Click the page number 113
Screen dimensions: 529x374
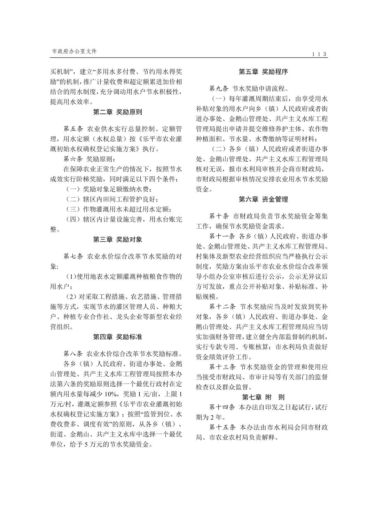[x=319, y=54]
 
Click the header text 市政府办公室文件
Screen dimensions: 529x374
[x=74, y=51]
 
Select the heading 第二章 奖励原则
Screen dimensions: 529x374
[x=117, y=112]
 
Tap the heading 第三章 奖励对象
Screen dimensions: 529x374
[x=117, y=239]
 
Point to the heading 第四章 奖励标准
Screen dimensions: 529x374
[x=117, y=337]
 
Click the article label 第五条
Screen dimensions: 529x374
[x=73, y=129]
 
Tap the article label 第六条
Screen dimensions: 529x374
[x=73, y=159]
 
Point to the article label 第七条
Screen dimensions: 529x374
[x=73, y=256]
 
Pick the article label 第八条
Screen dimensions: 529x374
[x=73, y=354]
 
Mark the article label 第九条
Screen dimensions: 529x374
[x=219, y=89]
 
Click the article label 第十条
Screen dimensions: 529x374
[x=219, y=216]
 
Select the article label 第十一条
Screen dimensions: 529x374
[x=223, y=236]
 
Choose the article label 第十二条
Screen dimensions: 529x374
[x=223, y=307]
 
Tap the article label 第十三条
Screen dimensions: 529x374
[x=223, y=367]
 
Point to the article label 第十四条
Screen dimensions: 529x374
[x=223, y=407]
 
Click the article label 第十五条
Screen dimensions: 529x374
[x=223, y=427]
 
